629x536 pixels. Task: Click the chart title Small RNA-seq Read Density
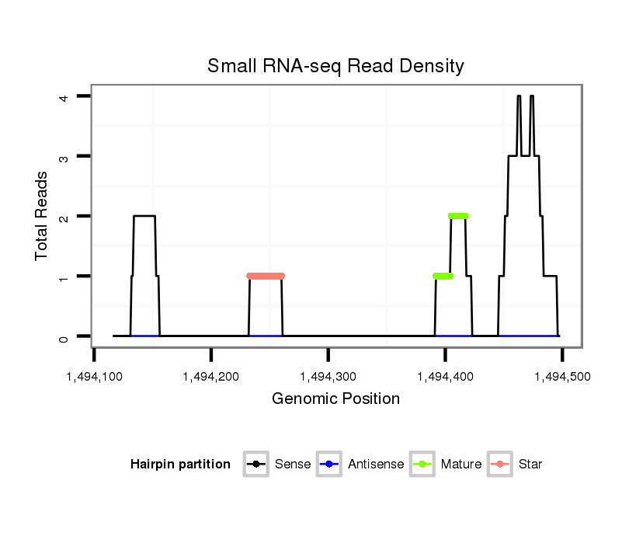(x=335, y=66)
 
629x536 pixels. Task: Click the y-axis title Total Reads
(x=43, y=216)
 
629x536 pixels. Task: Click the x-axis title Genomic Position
(x=335, y=399)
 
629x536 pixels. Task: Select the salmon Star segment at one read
(x=266, y=276)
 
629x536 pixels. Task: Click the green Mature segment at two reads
(x=458, y=216)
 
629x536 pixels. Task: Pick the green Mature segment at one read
(x=443, y=276)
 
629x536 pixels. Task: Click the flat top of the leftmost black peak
(x=144, y=216)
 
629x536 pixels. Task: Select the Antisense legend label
(x=376, y=465)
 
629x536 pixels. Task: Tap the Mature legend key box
(x=422, y=465)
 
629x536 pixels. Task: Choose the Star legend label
(x=530, y=465)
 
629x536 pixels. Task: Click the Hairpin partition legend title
(x=180, y=465)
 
